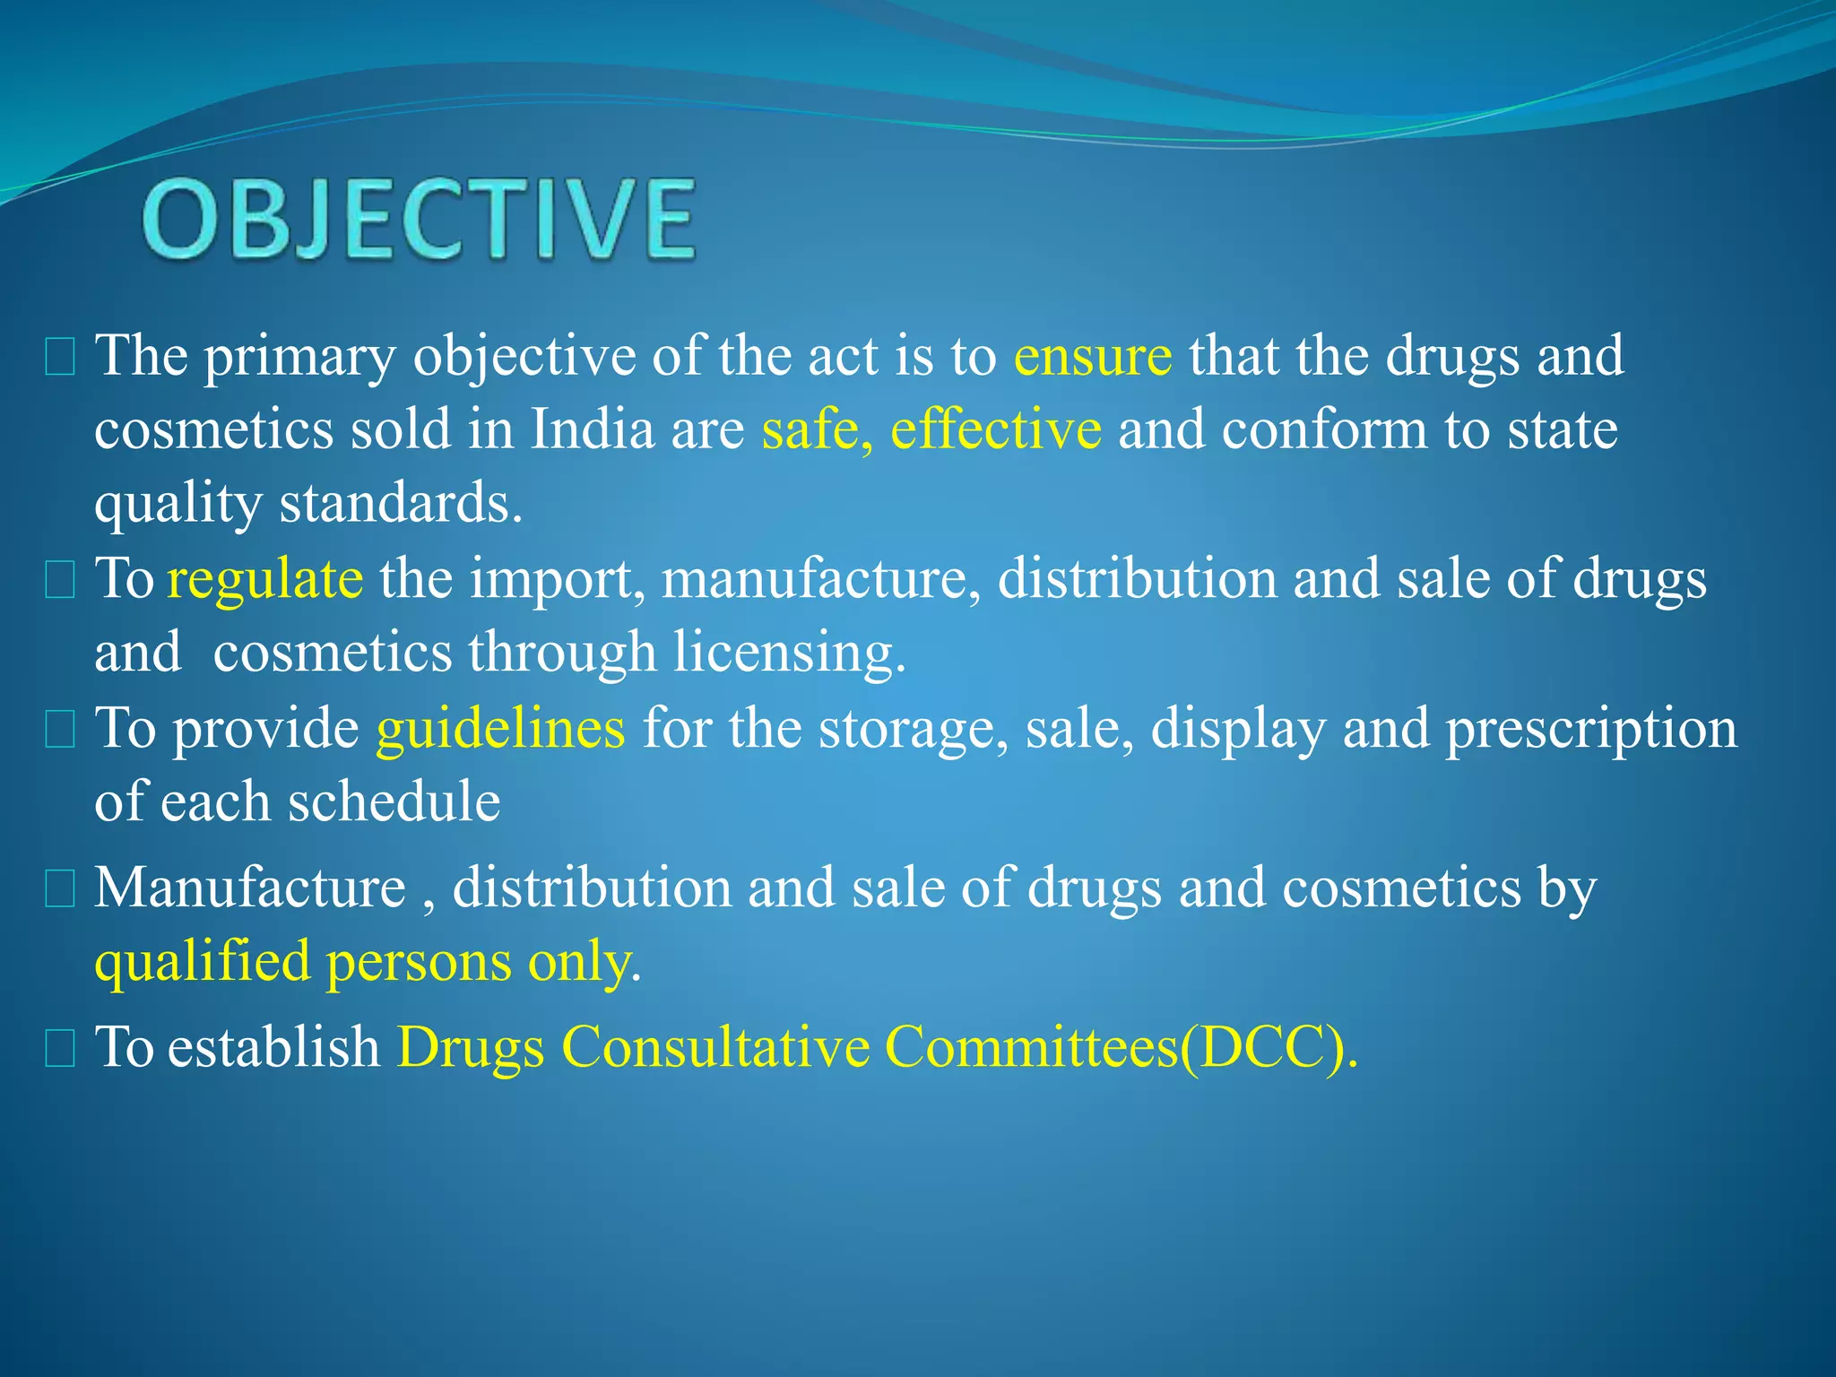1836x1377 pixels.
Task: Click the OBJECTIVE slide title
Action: [419, 220]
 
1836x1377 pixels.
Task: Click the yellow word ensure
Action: [1092, 356]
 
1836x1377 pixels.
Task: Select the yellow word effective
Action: [995, 429]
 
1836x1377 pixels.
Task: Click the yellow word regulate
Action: [265, 578]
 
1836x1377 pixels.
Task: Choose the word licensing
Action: [789, 652]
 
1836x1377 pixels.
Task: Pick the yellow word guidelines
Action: [500, 727]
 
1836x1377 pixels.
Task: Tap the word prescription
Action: [1591, 727]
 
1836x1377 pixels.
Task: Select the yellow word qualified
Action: [203, 962]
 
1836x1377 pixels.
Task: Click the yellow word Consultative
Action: [715, 1046]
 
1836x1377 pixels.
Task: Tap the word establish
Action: [274, 1046]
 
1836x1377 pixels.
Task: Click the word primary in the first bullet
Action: [299, 356]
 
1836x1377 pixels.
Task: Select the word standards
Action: [400, 503]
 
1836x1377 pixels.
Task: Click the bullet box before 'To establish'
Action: [60, 1049]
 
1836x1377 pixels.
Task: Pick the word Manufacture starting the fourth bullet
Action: [250, 888]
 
